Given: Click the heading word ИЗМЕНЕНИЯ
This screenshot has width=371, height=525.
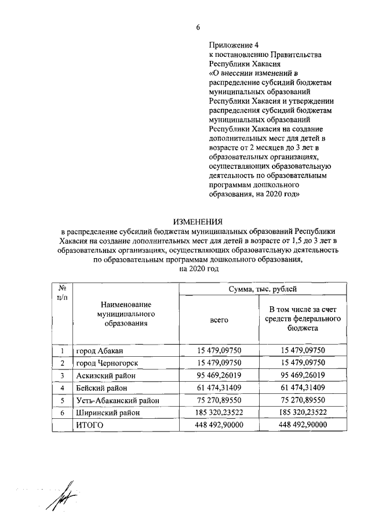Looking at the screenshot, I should click(x=198, y=221).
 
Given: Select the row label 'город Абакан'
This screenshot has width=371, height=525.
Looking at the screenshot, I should click(x=99, y=350).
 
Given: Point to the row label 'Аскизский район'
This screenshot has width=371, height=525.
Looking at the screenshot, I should click(x=104, y=375).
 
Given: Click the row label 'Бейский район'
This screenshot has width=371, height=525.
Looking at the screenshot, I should click(x=100, y=388).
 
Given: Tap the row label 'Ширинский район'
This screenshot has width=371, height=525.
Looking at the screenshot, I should click(x=106, y=412).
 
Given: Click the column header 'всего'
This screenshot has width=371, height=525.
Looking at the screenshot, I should click(x=219, y=320).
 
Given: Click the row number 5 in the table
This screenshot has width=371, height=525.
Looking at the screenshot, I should click(x=61, y=400).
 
